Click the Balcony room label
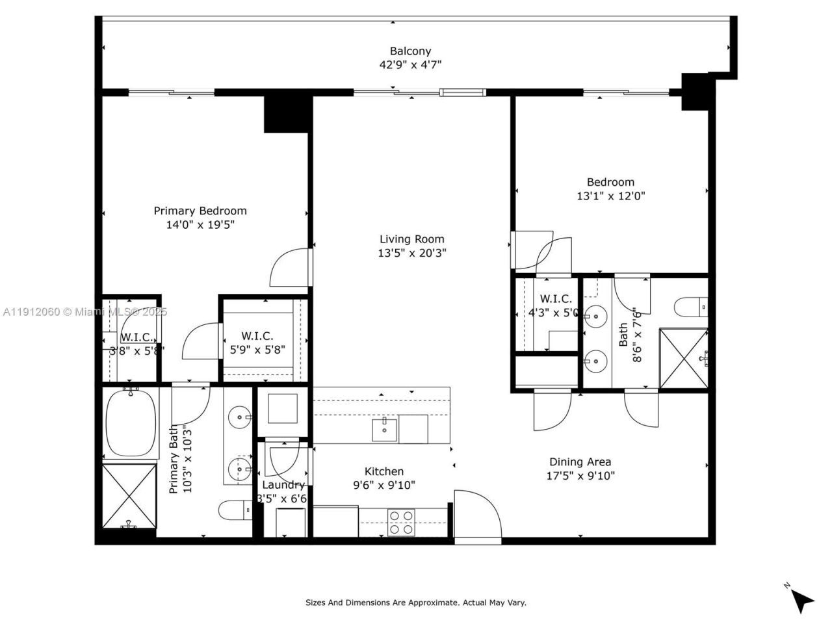point(410,51)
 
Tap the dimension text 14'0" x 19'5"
point(200,225)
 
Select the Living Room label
point(412,239)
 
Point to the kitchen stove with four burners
point(402,523)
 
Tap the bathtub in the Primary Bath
point(131,423)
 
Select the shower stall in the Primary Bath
point(129,495)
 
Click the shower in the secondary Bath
point(683,359)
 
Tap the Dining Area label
point(580,462)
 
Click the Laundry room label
point(283,485)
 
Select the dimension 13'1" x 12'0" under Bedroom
point(610,196)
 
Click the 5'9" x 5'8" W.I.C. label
point(257,349)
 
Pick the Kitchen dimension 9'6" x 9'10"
point(383,485)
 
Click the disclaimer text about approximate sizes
point(416,603)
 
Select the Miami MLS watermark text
point(84,312)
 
